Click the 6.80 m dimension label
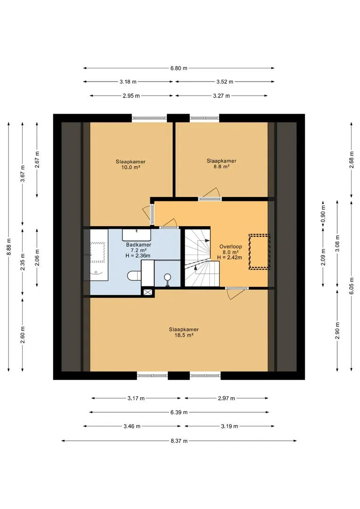click(179, 68)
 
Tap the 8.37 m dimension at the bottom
click(179, 441)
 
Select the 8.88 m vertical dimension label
click(9, 246)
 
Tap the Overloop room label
click(230, 246)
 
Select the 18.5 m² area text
click(184, 336)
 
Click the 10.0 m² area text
click(130, 167)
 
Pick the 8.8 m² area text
click(221, 166)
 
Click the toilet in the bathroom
click(134, 276)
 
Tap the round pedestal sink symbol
click(167, 279)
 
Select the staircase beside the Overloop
click(202, 258)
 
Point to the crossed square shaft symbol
click(147, 292)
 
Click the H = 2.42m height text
click(230, 257)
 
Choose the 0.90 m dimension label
click(323, 214)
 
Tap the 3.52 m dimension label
click(225, 82)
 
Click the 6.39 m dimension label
click(179, 412)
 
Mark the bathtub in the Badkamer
click(96, 255)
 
